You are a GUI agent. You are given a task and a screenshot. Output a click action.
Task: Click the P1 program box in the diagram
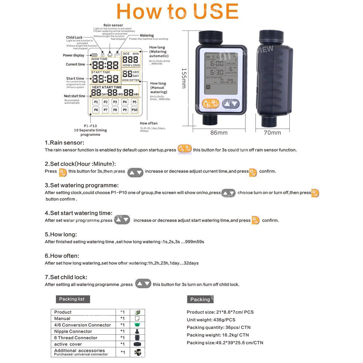click(x=96, y=102)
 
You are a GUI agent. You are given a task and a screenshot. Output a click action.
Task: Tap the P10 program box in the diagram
click(x=134, y=110)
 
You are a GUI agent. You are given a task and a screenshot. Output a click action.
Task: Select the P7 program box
click(x=105, y=110)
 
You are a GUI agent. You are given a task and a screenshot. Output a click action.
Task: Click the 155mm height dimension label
click(x=184, y=78)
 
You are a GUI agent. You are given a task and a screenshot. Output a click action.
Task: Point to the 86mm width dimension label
click(x=219, y=133)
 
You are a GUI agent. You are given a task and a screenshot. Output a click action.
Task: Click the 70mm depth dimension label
click(x=272, y=133)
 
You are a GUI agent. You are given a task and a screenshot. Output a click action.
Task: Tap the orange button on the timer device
click(x=211, y=104)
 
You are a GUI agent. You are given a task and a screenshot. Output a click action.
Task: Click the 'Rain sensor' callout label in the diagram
click(x=113, y=25)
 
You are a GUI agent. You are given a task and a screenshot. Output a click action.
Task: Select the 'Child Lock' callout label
click(x=74, y=37)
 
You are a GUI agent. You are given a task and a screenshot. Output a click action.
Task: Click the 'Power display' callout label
click(x=73, y=55)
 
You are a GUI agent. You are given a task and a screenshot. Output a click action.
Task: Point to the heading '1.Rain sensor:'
click(x=64, y=143)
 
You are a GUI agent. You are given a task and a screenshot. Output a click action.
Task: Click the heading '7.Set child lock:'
click(x=66, y=277)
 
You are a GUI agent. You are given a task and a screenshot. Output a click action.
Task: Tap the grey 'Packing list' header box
click(x=72, y=299)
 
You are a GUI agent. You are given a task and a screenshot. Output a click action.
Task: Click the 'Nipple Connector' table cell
click(x=73, y=331)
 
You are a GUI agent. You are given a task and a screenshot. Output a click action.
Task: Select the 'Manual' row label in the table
click(x=62, y=318)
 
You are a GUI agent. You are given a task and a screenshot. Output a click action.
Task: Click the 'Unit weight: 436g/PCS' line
click(x=211, y=320)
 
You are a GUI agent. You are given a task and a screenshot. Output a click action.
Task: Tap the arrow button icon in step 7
click(x=143, y=284)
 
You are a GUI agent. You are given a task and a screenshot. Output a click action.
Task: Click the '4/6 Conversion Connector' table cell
click(x=82, y=325)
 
